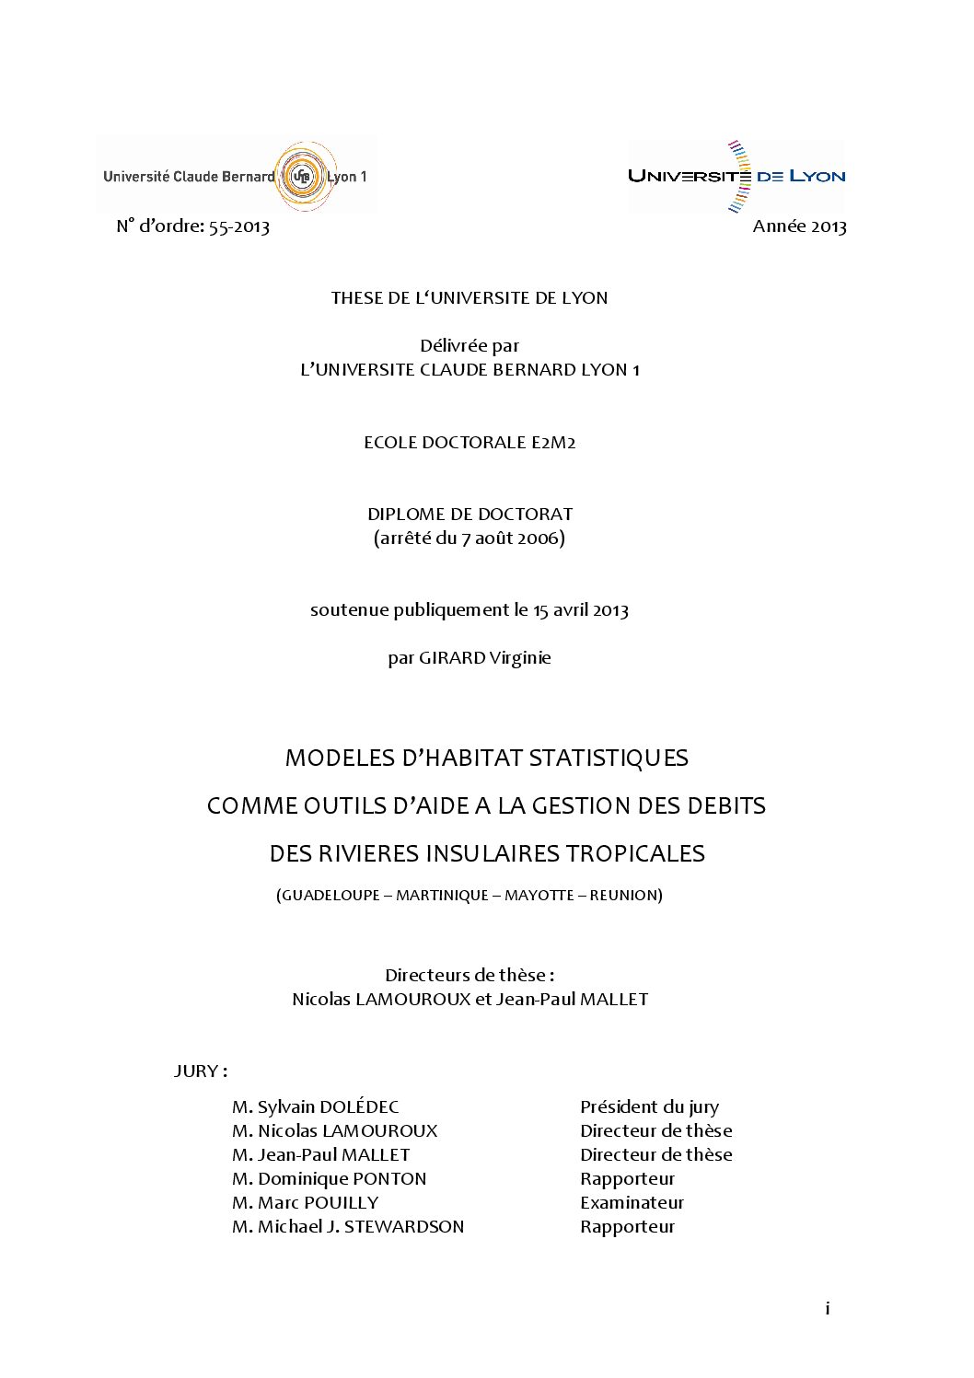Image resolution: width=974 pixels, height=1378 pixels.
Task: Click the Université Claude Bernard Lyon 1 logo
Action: [x=236, y=176]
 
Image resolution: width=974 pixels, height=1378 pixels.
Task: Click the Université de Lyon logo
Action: [x=736, y=176]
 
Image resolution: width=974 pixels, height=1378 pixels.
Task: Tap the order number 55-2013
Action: [x=239, y=226]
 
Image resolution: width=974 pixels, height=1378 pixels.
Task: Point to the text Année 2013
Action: [x=799, y=226]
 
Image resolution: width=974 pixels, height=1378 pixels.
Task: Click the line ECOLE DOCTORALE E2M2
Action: [x=470, y=442]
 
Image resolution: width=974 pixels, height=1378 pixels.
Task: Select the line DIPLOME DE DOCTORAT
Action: [x=470, y=514]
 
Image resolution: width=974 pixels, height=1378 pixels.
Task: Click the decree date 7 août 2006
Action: [x=510, y=538]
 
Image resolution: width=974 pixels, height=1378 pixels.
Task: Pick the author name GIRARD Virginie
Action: [x=485, y=658]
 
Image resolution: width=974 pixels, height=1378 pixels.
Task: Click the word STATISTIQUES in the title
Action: [x=602, y=758]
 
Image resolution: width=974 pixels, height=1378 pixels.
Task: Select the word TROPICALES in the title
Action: [x=634, y=853]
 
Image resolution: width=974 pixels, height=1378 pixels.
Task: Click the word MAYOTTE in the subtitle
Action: [x=539, y=895]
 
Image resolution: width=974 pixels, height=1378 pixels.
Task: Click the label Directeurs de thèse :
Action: [x=470, y=975]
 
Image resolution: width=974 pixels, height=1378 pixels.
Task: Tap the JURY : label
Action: [x=201, y=1071]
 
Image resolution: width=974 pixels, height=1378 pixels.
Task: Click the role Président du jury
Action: [x=649, y=1107]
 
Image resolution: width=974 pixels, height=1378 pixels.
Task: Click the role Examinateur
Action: [x=632, y=1203]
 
